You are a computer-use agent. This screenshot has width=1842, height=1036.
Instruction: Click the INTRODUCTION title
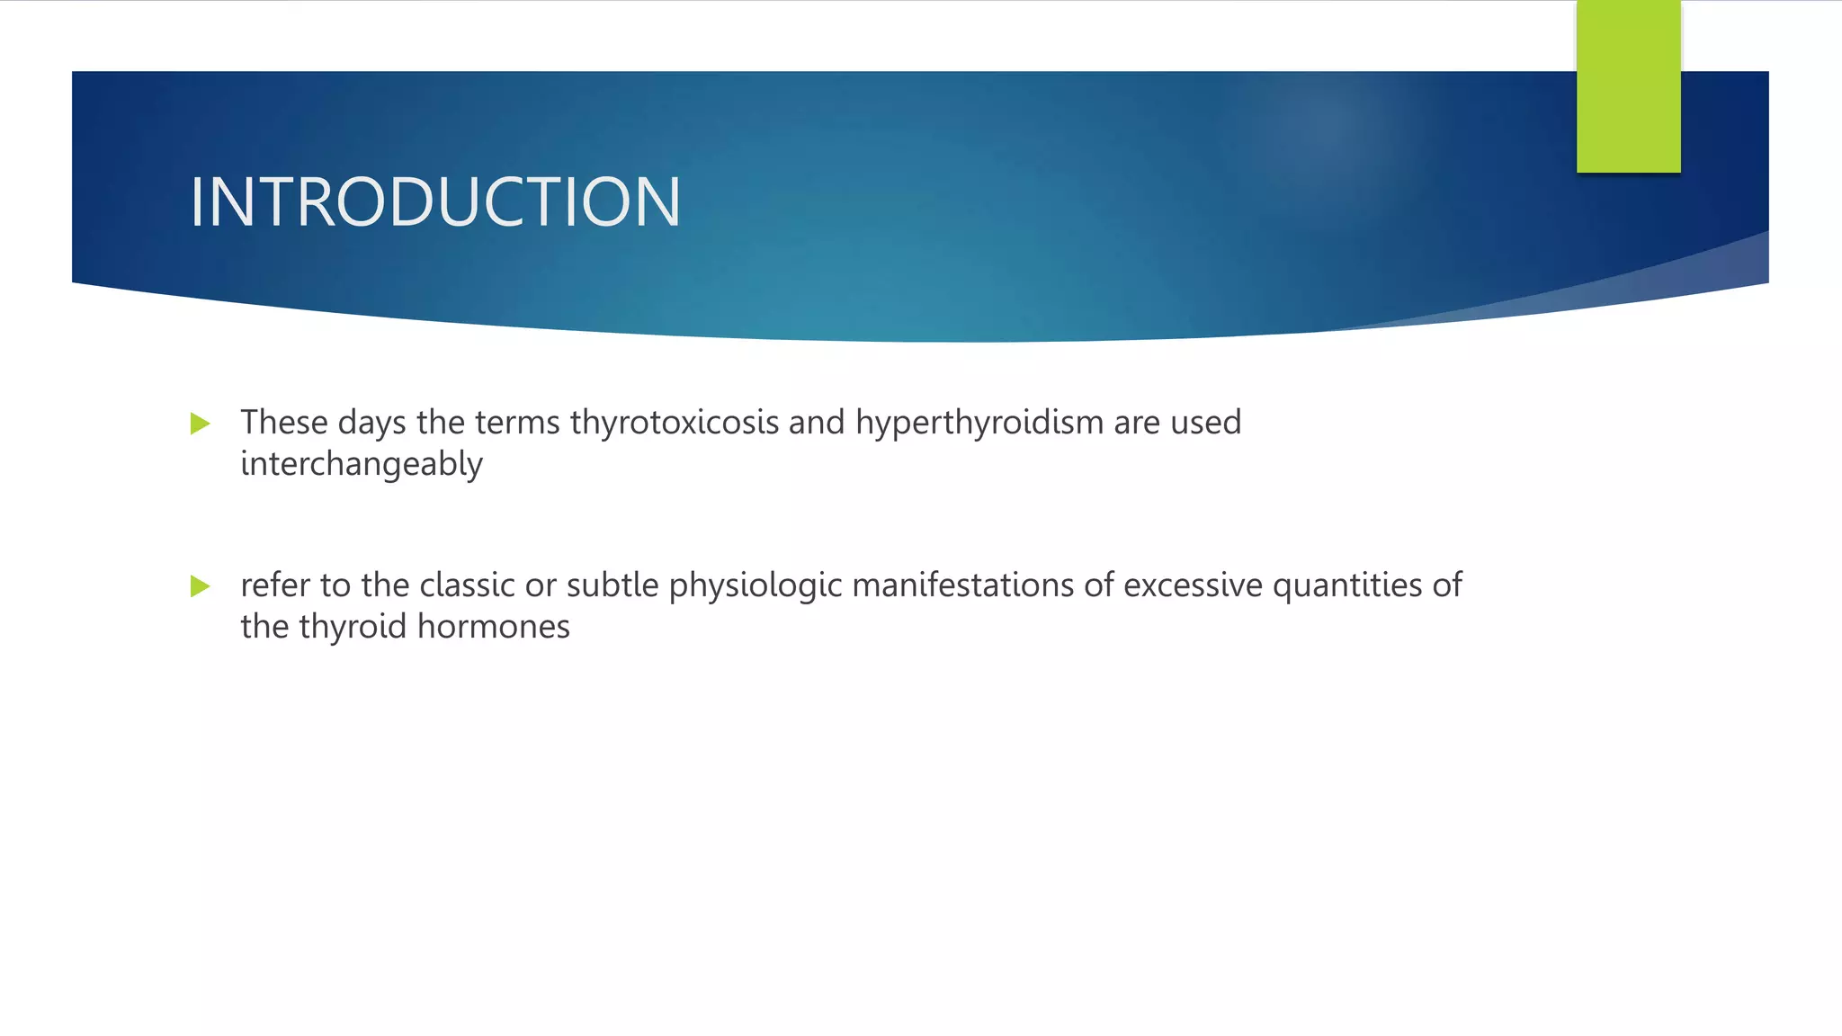[435, 202]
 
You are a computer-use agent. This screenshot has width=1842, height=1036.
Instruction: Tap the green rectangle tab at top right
[1628, 86]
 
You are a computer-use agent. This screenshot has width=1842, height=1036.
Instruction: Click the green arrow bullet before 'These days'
[201, 424]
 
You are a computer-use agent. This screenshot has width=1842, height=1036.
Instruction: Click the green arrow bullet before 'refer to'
[201, 586]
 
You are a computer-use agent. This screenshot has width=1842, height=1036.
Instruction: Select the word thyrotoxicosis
[675, 423]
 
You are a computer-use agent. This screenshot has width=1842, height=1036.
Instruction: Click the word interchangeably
[362, 464]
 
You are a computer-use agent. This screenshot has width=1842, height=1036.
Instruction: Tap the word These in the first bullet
[284, 423]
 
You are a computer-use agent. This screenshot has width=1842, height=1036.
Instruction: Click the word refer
[275, 585]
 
